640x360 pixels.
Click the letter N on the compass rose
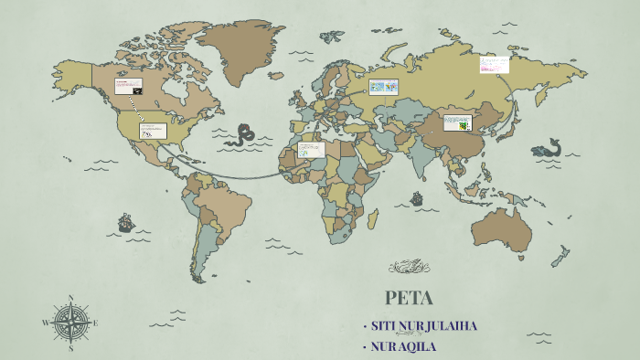[70, 297]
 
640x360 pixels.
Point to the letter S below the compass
[70, 348]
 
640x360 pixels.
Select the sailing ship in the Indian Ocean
[417, 197]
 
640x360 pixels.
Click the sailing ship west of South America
[125, 222]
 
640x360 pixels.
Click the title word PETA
[409, 298]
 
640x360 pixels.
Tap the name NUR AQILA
[404, 346]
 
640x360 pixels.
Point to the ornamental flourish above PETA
[409, 268]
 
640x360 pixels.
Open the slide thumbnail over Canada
[128, 88]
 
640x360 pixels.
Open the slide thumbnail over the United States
[153, 131]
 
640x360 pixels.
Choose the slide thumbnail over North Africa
[311, 149]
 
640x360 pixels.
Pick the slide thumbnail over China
[457, 122]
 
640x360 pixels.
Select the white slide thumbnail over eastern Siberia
[494, 65]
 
